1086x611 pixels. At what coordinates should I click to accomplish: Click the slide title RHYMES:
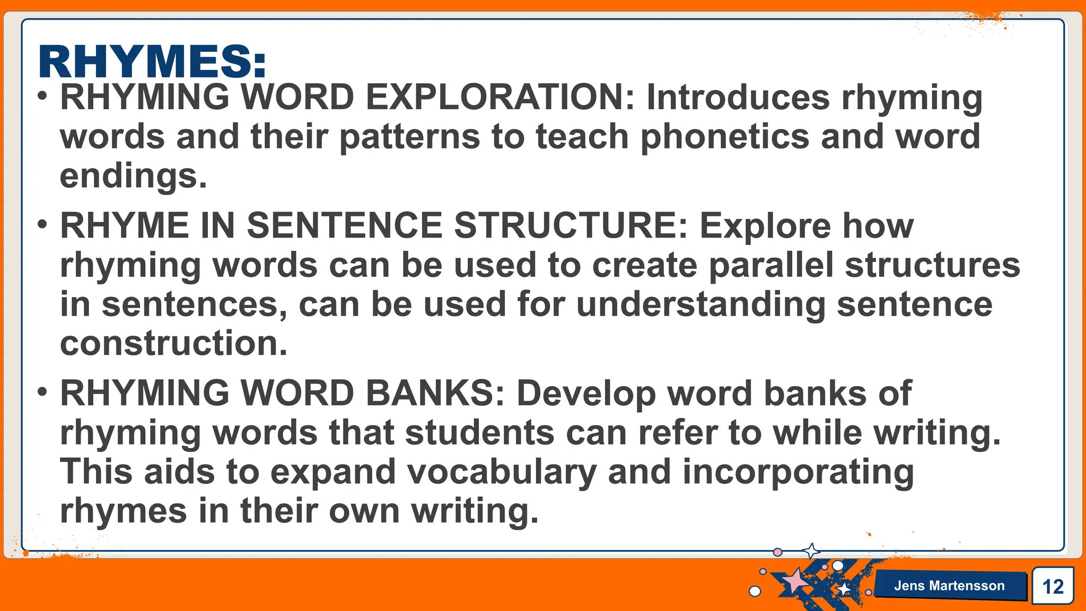[x=152, y=62]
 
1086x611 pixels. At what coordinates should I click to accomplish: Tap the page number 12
[x=1053, y=587]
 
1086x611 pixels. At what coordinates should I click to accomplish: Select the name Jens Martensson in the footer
[x=949, y=586]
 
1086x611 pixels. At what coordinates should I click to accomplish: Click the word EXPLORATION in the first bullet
[x=500, y=98]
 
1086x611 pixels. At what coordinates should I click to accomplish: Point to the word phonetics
[x=725, y=137]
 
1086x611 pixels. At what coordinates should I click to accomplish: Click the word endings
[x=133, y=176]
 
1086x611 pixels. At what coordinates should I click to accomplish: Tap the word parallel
[x=772, y=265]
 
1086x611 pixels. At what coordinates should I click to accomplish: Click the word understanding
[x=700, y=304]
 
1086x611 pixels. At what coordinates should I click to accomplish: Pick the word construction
[x=173, y=343]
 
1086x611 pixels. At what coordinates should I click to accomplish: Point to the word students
[x=479, y=433]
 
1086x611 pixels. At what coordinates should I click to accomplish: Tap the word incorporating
[x=798, y=472]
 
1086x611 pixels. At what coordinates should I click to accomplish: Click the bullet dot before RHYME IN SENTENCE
[x=42, y=224]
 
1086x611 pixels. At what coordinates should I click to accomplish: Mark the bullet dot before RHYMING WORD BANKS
[x=42, y=392]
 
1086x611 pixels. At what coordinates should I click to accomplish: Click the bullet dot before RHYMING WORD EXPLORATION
[x=42, y=97]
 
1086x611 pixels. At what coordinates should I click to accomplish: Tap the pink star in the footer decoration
[x=794, y=581]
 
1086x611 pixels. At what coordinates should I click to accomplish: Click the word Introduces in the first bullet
[x=738, y=98]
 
